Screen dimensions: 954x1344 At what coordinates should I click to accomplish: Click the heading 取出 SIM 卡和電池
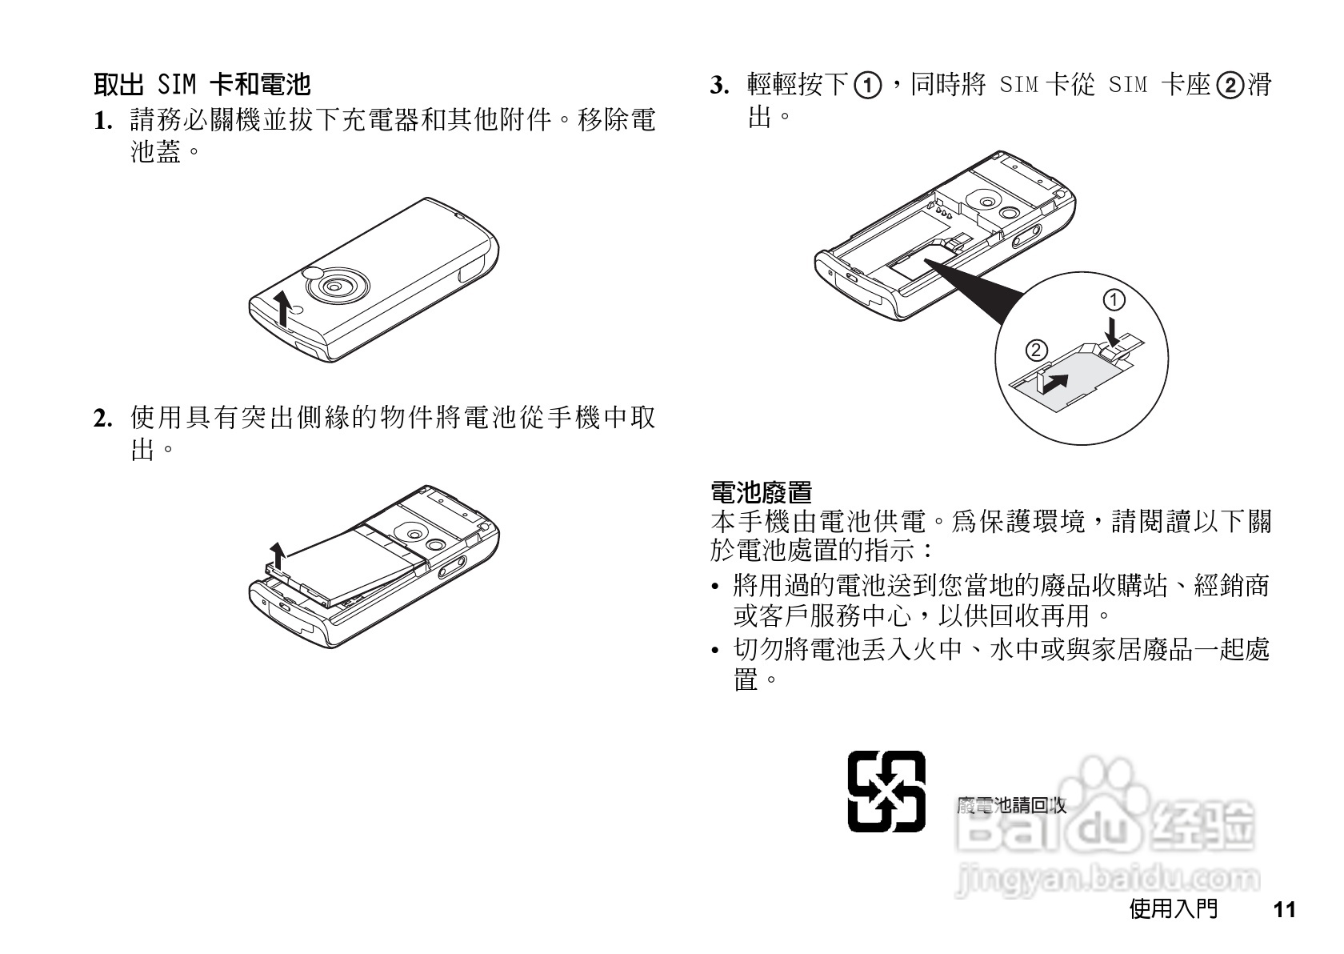[202, 84]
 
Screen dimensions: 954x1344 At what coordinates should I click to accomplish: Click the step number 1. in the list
[102, 122]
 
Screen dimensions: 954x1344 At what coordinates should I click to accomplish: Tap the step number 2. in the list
[102, 419]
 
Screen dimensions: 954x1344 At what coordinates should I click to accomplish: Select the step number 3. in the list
[719, 85]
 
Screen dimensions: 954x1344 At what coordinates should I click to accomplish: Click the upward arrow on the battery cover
[282, 308]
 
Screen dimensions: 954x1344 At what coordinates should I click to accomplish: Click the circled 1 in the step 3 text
[868, 85]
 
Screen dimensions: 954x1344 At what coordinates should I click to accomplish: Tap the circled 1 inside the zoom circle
[1114, 301]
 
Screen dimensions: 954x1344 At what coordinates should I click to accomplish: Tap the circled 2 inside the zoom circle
[1035, 351]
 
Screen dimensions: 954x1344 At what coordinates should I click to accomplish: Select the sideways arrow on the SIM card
[1054, 382]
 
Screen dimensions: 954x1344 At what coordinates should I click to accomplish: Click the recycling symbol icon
[886, 792]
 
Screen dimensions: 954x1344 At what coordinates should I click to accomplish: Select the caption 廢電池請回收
[1012, 805]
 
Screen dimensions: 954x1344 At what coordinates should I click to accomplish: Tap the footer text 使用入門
[1174, 909]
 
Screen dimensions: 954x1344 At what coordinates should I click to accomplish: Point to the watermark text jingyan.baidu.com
[1108, 879]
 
